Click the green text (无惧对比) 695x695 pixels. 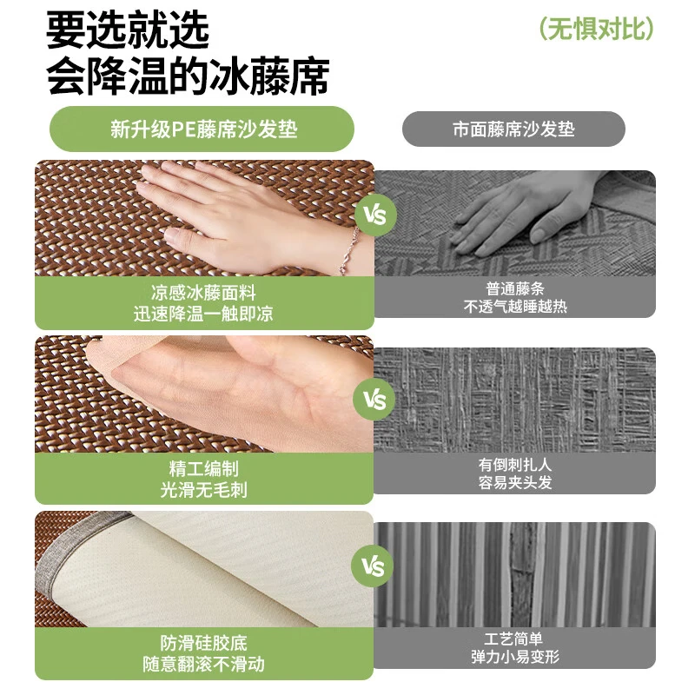point(596,29)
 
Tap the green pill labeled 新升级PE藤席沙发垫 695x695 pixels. point(203,129)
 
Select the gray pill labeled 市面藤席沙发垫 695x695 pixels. point(513,129)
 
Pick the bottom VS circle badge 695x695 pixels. point(374,567)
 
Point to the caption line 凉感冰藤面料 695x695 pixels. point(203,294)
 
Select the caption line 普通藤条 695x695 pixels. point(515,288)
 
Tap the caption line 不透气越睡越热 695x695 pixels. point(515,307)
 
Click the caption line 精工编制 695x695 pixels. point(203,469)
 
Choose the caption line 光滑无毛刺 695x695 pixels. point(203,490)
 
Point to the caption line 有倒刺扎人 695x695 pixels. point(515,465)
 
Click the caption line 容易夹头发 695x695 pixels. point(515,483)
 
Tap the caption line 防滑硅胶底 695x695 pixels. point(203,644)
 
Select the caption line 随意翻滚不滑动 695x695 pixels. point(203,665)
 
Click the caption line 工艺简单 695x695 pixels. point(515,640)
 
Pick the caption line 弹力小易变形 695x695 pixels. point(515,659)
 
